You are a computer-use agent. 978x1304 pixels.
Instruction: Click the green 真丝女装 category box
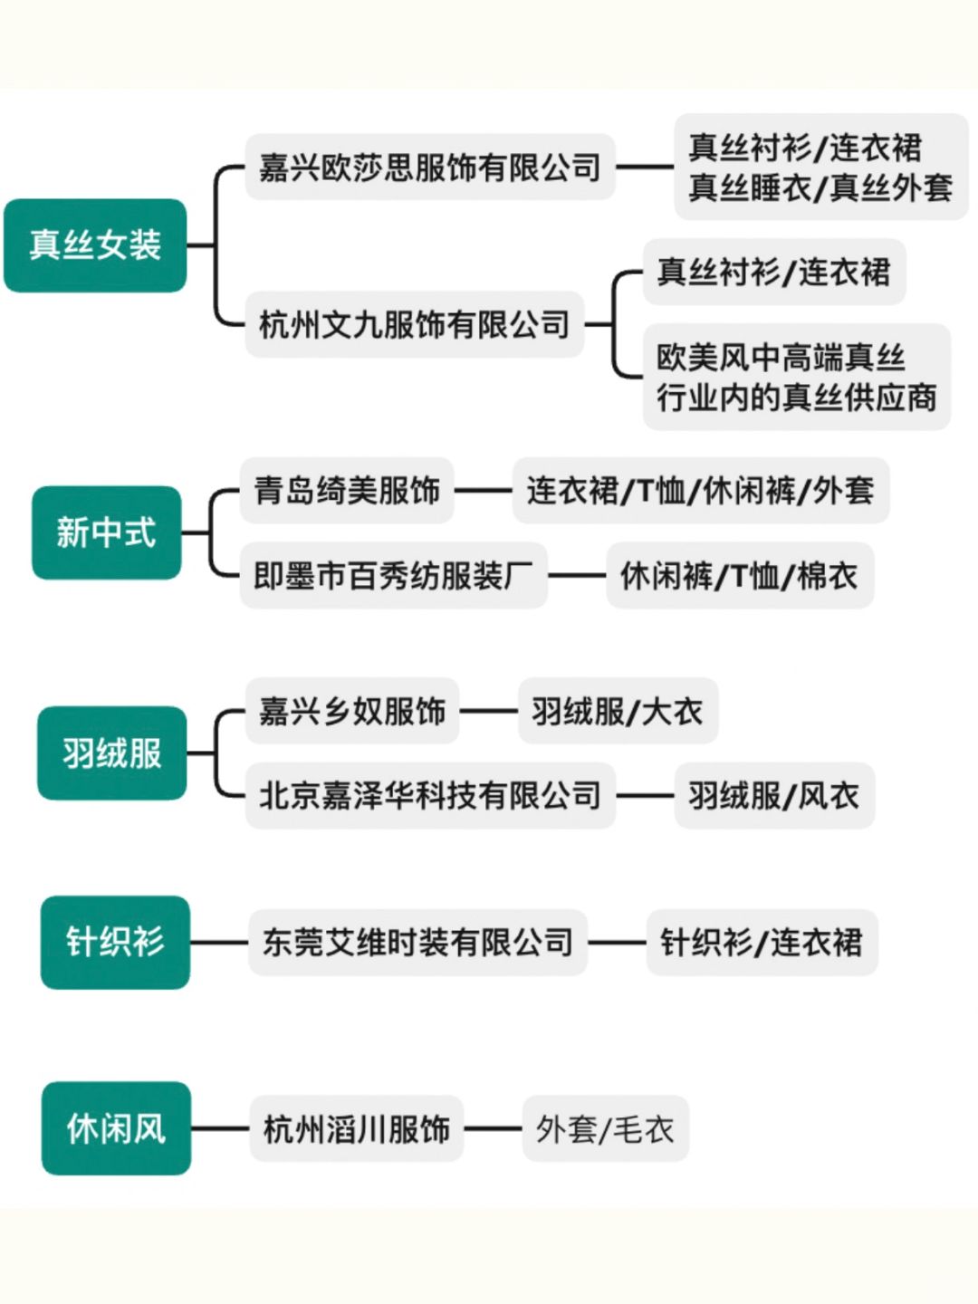coord(95,245)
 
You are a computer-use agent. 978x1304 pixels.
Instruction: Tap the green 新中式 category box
coord(107,532)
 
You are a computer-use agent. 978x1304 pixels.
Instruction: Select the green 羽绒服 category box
coord(111,753)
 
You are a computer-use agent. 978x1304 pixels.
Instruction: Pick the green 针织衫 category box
coord(115,942)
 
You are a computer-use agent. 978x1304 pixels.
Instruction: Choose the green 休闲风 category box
coord(116,1128)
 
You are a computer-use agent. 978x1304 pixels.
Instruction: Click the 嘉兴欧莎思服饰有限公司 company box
coord(429,168)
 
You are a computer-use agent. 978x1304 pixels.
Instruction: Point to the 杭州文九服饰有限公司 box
coord(414,324)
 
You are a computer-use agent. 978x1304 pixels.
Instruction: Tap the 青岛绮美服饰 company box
coord(347,491)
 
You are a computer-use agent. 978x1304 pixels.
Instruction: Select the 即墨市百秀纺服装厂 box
coord(393,576)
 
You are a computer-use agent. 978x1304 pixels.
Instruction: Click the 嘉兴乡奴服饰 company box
coord(351,711)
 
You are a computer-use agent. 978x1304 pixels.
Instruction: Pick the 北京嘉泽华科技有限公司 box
coord(430,796)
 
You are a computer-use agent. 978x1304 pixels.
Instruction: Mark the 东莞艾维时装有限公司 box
coord(417,943)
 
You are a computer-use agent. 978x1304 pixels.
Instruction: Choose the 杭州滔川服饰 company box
coord(356,1129)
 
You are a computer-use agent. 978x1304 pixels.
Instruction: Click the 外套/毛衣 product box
coord(605,1129)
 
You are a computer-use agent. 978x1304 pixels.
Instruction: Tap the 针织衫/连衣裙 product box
coord(761,943)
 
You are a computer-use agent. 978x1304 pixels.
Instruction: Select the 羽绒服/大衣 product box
coord(618,711)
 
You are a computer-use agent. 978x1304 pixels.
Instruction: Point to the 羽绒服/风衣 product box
coord(773,796)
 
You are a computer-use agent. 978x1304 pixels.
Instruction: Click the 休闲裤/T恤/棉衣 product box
coord(739,576)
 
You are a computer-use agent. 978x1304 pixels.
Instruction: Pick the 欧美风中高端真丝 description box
coord(796,377)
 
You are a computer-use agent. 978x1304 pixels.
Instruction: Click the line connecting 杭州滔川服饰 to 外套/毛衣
coord(493,1129)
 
